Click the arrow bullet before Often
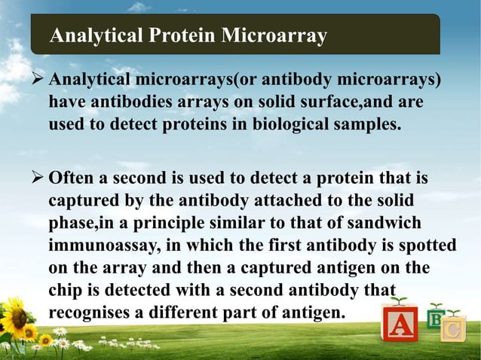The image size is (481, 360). tap(39, 179)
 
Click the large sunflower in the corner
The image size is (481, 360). tap(17, 316)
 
